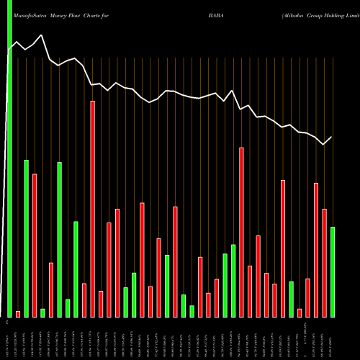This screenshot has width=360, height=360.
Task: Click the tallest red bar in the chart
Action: click(92, 209)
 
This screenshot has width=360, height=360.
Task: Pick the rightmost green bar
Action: click(333, 271)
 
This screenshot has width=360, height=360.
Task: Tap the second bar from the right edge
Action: click(324, 263)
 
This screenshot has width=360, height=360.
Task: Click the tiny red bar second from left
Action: click(18, 313)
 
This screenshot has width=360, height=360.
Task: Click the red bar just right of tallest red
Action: click(101, 304)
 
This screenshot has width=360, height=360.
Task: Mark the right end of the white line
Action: click(332, 137)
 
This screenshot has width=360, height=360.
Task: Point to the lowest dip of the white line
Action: click(324, 145)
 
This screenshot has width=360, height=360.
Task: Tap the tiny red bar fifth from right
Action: click(300, 312)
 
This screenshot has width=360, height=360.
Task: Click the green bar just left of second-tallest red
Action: click(233, 281)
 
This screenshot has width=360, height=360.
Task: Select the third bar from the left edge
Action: click(27, 238)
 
